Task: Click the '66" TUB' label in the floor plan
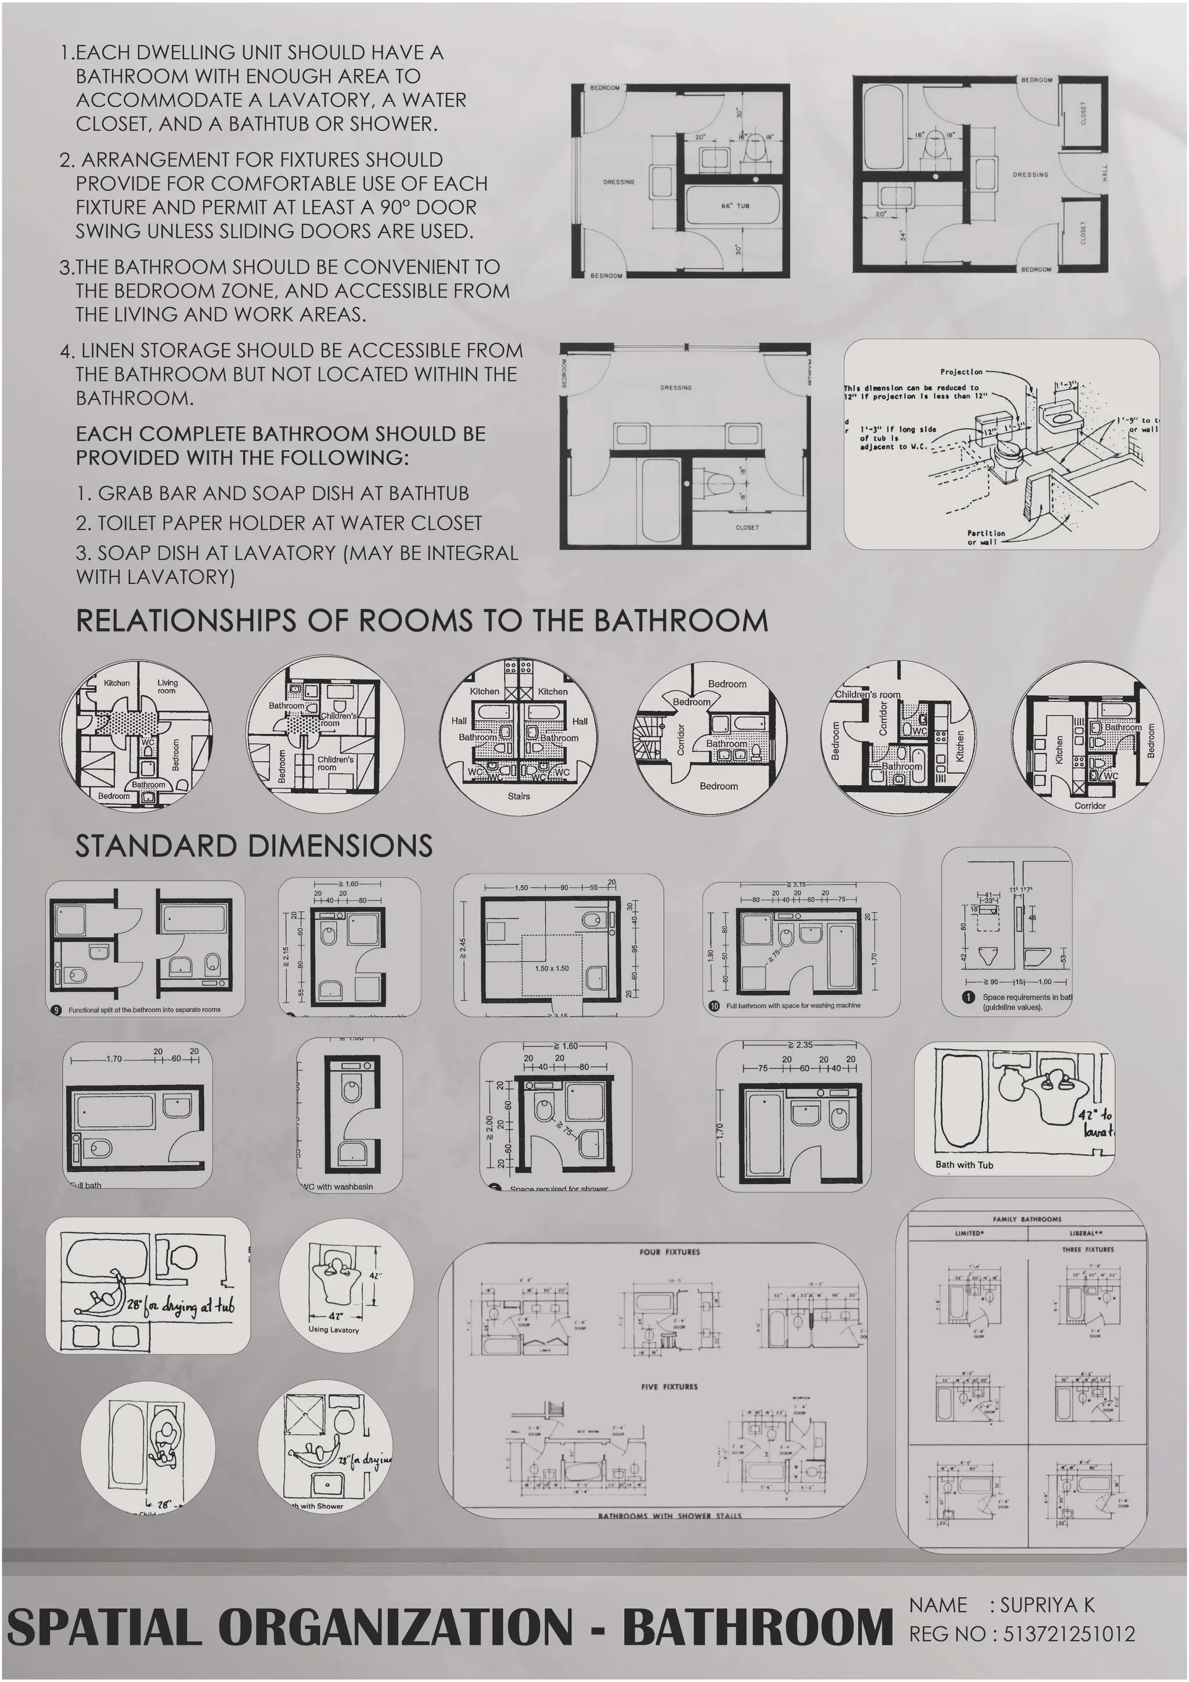[735, 206]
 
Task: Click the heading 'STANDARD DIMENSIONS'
[254, 846]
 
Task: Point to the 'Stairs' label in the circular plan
[518, 796]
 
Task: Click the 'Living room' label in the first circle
[167, 687]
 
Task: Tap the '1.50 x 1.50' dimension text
[552, 968]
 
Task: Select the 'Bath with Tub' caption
[964, 1165]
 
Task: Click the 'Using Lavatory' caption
[333, 1329]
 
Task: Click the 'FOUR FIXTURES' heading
[669, 1252]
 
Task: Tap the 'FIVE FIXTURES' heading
[669, 1387]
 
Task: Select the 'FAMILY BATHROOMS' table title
[1026, 1220]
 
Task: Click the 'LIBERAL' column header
[1086, 1234]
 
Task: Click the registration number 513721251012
[1069, 1634]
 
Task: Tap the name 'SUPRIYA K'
[1047, 1605]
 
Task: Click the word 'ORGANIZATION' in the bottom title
[395, 1628]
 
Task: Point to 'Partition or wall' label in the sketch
[985, 538]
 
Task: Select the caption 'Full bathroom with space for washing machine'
[793, 1006]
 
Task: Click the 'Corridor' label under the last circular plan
[1089, 806]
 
